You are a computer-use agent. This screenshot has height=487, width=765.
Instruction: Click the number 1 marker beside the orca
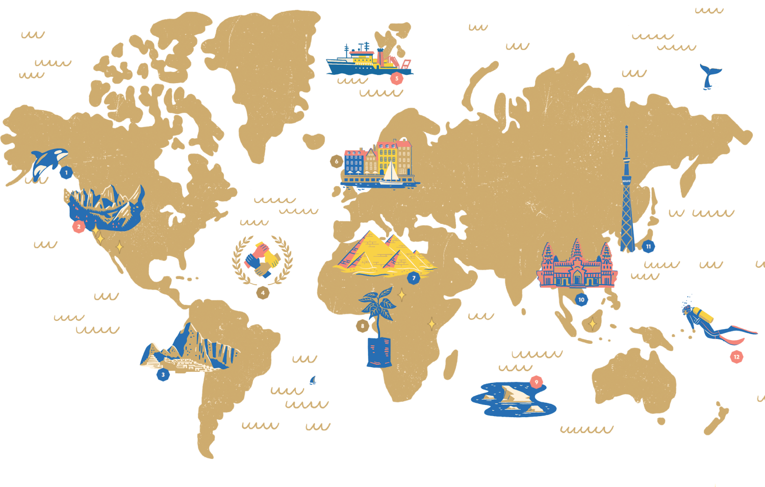pyautogui.click(x=66, y=173)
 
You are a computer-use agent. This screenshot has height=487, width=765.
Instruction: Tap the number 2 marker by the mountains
pyautogui.click(x=79, y=227)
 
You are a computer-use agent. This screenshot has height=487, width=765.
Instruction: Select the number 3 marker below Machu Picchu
pyautogui.click(x=163, y=375)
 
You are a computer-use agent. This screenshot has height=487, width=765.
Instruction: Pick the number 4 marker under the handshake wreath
pyautogui.click(x=263, y=293)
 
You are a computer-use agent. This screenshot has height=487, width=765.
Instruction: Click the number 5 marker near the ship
pyautogui.click(x=397, y=78)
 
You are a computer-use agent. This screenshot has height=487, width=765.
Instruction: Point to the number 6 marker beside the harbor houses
pyautogui.click(x=336, y=162)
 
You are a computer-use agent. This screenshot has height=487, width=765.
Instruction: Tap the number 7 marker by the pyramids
pyautogui.click(x=414, y=278)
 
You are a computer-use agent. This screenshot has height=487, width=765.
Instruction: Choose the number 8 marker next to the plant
pyautogui.click(x=363, y=326)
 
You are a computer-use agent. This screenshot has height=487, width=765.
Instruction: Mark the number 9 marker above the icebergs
pyautogui.click(x=536, y=382)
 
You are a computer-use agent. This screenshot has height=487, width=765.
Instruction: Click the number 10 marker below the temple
pyautogui.click(x=581, y=299)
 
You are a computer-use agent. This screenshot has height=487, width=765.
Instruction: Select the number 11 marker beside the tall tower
pyautogui.click(x=648, y=246)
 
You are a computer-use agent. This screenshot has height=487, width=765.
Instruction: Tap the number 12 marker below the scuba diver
pyautogui.click(x=736, y=357)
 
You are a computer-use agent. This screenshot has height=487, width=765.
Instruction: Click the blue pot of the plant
pyautogui.click(x=379, y=352)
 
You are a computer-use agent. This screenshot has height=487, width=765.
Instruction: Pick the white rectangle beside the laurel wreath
pyautogui.click(x=287, y=282)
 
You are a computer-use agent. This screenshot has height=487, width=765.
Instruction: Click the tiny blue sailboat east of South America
pyautogui.click(x=314, y=380)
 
